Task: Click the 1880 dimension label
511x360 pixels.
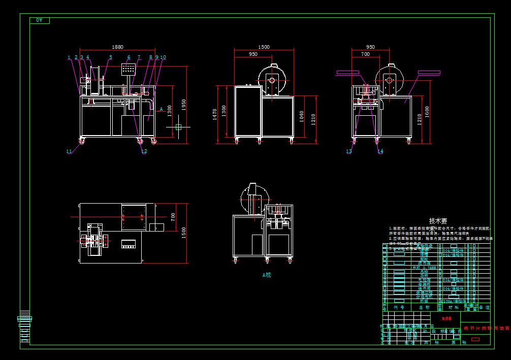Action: coord(117,47)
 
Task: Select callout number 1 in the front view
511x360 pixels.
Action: coord(69,57)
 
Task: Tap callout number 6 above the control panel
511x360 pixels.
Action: coord(129,57)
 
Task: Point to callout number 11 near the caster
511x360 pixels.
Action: coord(69,151)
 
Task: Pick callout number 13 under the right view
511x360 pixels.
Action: coord(349,151)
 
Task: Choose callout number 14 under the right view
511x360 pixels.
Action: coord(380,151)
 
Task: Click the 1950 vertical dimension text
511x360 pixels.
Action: coord(185,105)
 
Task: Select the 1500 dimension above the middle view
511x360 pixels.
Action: coord(264,47)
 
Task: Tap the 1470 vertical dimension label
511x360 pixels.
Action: coord(215,113)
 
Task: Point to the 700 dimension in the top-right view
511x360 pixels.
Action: coord(365,54)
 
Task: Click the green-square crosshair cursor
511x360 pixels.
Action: coord(178,127)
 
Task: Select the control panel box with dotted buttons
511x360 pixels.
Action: coord(129,69)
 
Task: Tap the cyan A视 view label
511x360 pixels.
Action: coord(267,275)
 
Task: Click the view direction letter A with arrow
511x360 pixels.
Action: coord(161,109)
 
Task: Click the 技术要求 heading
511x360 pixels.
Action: coord(438,221)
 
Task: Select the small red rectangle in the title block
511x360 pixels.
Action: coord(475,339)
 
